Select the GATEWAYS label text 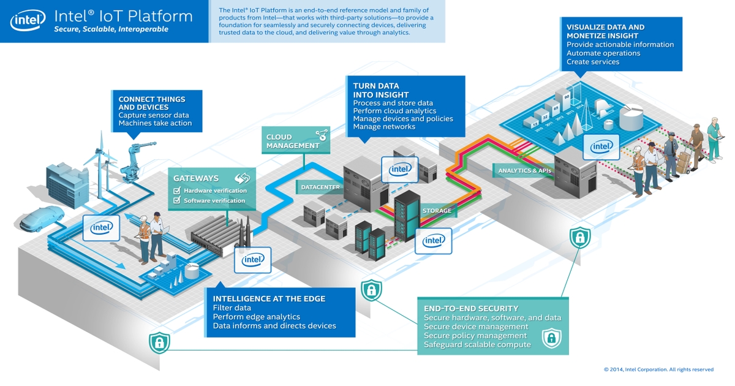tap(196, 178)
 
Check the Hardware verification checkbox tap(178, 191)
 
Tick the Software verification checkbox tap(178, 200)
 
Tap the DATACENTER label tap(320, 187)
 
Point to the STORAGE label tap(437, 211)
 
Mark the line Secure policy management tap(475, 336)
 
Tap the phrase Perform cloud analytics tap(394, 111)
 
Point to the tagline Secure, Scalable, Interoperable tap(111, 29)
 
